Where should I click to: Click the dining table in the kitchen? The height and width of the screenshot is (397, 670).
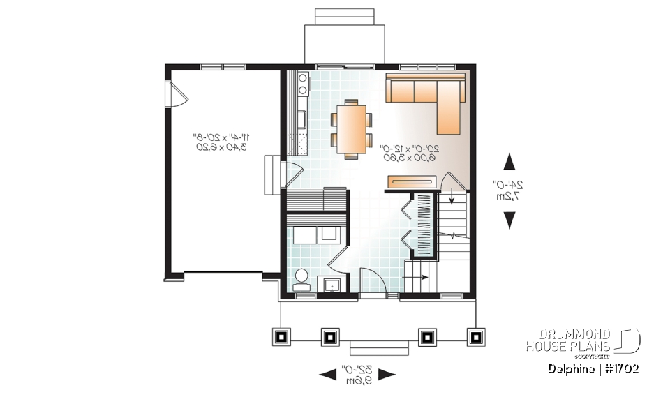click(x=350, y=127)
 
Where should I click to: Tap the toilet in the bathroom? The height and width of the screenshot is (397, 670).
click(x=301, y=278)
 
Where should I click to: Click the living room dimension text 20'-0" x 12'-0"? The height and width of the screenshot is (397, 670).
click(x=409, y=153)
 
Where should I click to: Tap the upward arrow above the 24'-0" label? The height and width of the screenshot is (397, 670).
click(x=510, y=161)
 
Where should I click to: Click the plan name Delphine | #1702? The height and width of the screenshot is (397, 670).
click(x=593, y=368)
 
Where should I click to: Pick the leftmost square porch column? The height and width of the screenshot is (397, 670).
click(x=281, y=337)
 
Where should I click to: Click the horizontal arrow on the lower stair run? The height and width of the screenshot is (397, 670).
click(x=418, y=277)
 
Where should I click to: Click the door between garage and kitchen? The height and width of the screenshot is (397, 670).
click(x=292, y=174)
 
